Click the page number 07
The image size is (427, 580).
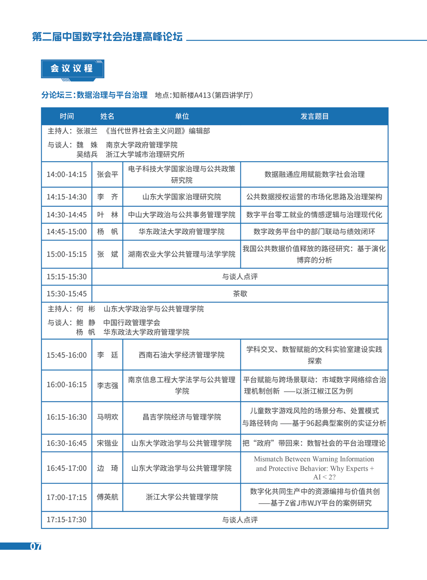point(36,546)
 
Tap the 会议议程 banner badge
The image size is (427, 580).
point(72,69)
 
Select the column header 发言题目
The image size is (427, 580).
point(314,116)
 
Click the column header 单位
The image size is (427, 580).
point(182,116)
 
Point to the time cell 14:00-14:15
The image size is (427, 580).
point(67,174)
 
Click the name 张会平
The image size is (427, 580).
point(107,174)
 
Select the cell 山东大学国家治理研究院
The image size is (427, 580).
point(182,197)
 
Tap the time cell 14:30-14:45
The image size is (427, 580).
point(67,215)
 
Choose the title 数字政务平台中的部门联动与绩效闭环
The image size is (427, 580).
point(314,232)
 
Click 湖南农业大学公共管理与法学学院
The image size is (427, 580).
point(182,254)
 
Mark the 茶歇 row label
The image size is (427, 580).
point(240,294)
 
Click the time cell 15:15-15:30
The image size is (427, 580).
point(67,277)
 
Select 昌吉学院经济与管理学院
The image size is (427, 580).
point(182,417)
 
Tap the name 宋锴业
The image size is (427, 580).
point(107,443)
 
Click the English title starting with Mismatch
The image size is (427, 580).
point(314,468)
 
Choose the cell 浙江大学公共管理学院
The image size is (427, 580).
point(182,497)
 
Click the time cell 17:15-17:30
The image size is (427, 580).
point(67,520)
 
